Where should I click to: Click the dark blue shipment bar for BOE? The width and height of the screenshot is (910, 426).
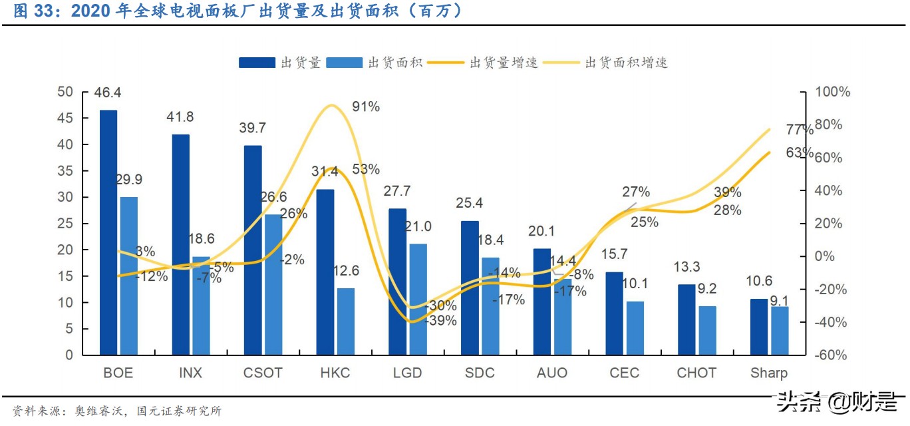click(108, 232)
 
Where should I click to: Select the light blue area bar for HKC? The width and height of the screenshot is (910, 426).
click(346, 321)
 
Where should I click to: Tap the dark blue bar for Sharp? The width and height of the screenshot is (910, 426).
click(758, 327)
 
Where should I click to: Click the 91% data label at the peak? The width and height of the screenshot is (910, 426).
click(366, 106)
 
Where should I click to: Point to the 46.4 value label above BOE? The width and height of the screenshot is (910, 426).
click(108, 93)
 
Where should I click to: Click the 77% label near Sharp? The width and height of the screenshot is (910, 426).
click(799, 130)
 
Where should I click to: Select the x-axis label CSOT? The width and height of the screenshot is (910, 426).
click(263, 373)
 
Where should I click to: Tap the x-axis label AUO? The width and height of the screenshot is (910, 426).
click(551, 373)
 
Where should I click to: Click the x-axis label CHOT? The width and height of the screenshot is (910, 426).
click(696, 373)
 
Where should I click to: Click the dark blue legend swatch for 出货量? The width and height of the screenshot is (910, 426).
click(257, 63)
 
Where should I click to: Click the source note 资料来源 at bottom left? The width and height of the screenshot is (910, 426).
click(35, 411)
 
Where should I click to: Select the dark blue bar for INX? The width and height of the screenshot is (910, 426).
click(180, 244)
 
